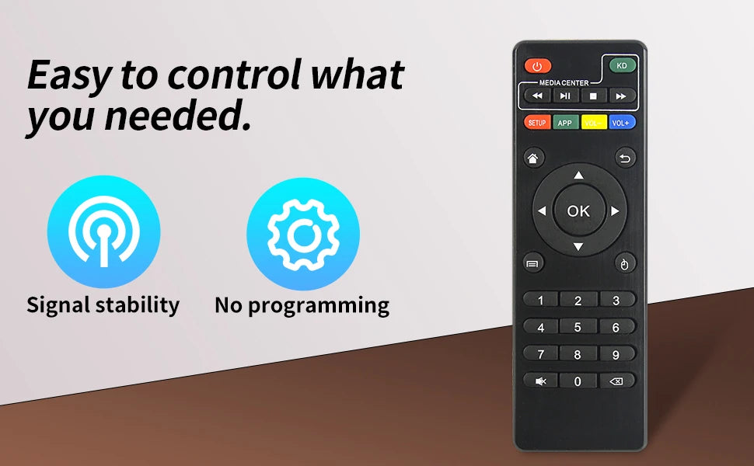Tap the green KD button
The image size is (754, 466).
pos(622,65)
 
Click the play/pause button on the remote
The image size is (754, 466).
pos(565,96)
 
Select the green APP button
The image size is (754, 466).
pos(565,123)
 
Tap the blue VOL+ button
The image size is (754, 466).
pos(621,123)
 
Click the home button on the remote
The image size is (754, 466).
pos(533,158)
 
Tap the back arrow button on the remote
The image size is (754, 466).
pos(625,158)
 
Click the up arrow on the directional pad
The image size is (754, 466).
pos(578,176)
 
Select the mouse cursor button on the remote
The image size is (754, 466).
pos(624,264)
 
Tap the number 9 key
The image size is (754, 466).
pos(616,354)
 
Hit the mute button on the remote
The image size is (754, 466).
pos(540,381)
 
